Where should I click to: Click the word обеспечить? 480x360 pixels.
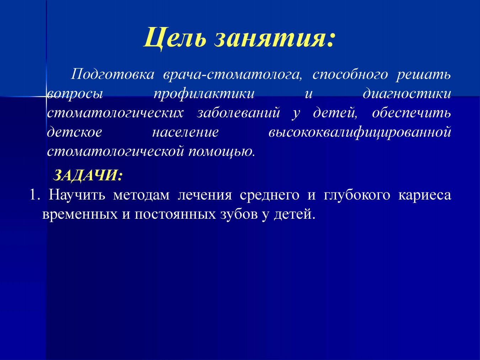[411, 113]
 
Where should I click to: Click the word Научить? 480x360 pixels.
[77, 195]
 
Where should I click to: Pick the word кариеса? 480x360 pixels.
[425, 195]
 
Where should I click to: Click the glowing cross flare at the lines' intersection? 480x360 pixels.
[46, 96]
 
